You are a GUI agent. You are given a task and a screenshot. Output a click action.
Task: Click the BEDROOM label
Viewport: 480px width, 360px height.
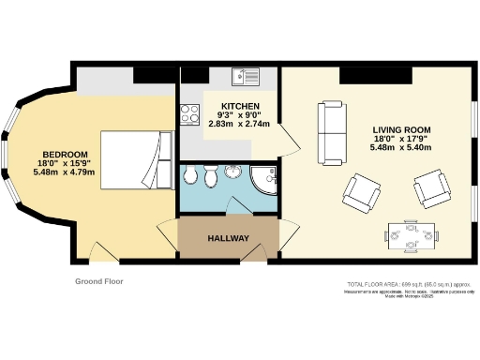[65, 154]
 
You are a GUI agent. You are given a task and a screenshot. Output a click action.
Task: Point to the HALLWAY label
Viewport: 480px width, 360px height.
[228, 238]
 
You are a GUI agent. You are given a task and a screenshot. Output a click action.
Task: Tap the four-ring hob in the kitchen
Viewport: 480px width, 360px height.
[190, 113]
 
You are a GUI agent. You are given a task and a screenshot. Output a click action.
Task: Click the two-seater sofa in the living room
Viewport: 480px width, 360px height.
[333, 129]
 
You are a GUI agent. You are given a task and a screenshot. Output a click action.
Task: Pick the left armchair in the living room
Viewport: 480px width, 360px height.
[362, 191]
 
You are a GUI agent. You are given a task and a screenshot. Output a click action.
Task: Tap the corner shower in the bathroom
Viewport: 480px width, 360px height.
[262, 178]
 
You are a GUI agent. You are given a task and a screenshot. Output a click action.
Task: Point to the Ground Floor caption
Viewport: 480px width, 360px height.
[99, 280]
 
